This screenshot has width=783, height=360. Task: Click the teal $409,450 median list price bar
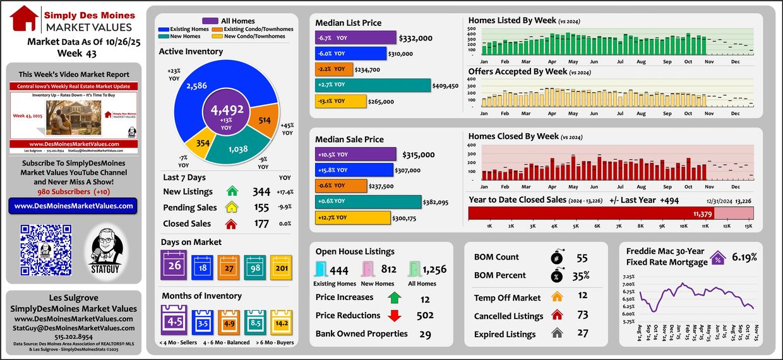click(x=373, y=85)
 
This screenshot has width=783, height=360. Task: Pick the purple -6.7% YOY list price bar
click(x=356, y=38)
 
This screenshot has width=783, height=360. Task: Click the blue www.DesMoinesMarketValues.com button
click(x=73, y=206)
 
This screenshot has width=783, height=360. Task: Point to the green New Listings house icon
click(x=232, y=191)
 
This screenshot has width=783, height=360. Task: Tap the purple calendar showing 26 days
click(x=174, y=265)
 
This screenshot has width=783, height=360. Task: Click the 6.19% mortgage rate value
click(x=744, y=257)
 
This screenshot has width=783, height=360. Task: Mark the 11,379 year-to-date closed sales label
click(x=702, y=214)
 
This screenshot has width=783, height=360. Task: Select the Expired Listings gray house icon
click(x=557, y=334)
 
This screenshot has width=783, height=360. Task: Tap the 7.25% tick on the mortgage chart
click(x=628, y=277)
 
